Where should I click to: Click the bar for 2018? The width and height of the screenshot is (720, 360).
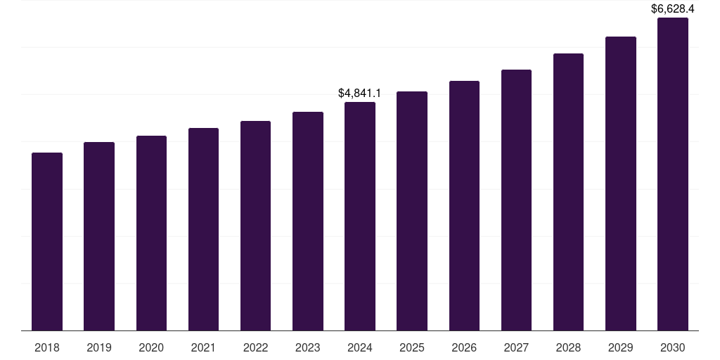coord(47,241)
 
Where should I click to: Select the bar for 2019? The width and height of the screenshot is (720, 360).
coord(99,236)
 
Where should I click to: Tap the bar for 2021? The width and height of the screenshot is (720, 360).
coord(203,229)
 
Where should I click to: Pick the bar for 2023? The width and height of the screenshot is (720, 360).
coord(308,221)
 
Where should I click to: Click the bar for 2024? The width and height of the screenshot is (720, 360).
coord(360,216)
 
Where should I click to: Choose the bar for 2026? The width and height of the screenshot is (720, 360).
coord(464,205)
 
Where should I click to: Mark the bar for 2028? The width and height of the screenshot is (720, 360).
coord(568,192)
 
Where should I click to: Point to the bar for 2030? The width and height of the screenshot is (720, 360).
coord(673,174)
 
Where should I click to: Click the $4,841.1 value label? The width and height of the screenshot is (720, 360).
coord(360,93)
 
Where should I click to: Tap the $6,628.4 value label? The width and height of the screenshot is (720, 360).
coord(673,9)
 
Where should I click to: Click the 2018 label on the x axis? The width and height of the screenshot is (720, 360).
coord(47,347)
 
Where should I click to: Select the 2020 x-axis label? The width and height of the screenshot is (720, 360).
coord(151,347)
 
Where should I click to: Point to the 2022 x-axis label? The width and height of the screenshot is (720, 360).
coord(256,347)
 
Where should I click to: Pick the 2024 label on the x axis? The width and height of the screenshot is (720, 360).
coord(360,347)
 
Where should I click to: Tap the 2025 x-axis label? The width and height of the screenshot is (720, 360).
coord(412,347)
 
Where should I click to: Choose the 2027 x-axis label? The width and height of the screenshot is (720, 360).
coord(516,347)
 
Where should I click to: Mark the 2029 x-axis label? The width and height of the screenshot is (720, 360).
coord(621,347)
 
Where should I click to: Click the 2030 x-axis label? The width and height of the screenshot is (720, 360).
coord(673,347)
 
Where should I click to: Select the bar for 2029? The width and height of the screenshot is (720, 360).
coord(621,184)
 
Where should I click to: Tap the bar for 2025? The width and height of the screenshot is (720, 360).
coord(412,211)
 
